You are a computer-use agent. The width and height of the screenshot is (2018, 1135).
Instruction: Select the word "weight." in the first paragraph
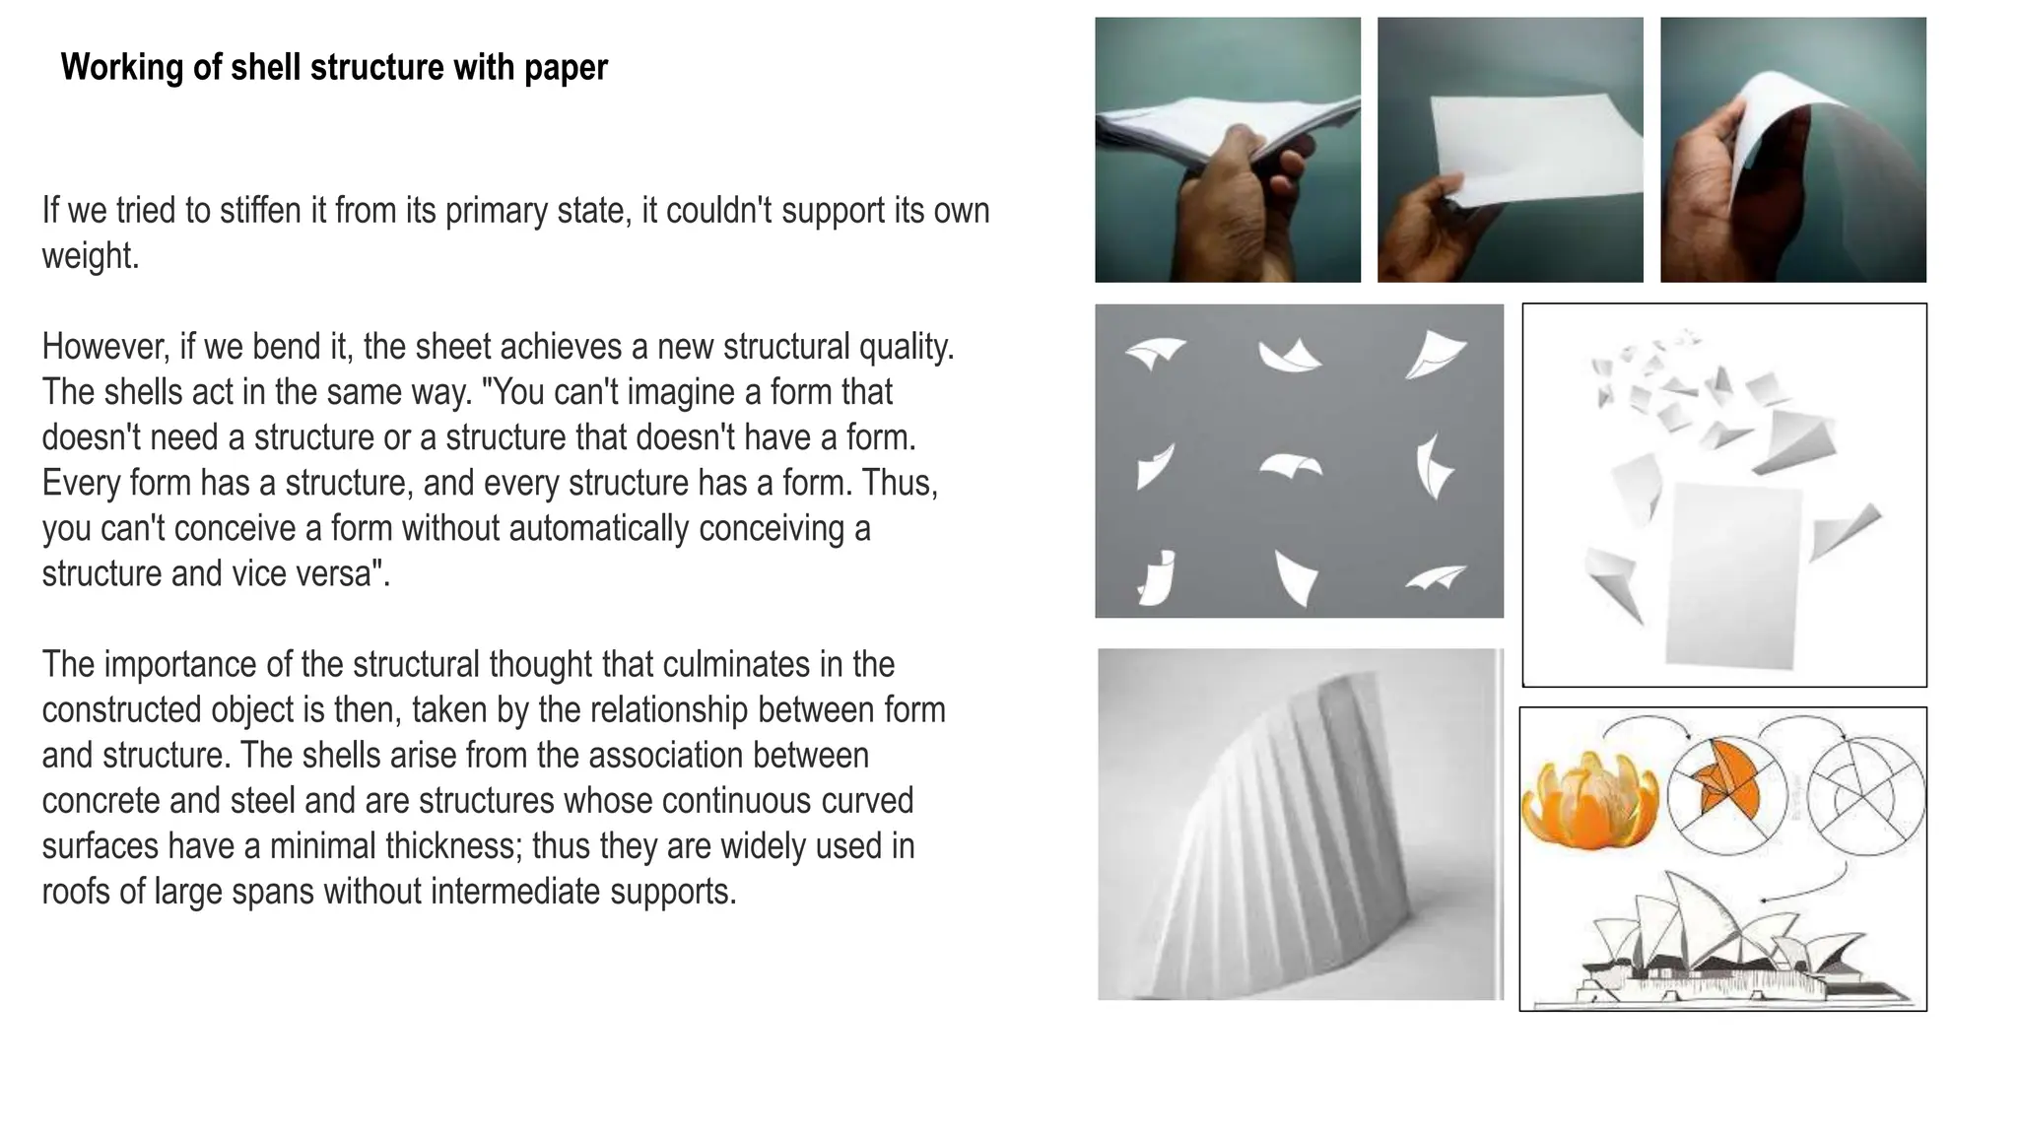[x=91, y=256]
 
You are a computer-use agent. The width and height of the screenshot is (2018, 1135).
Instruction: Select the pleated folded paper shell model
[x=1311, y=837]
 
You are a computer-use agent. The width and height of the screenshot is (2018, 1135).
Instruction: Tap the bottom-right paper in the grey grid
[x=1436, y=578]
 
